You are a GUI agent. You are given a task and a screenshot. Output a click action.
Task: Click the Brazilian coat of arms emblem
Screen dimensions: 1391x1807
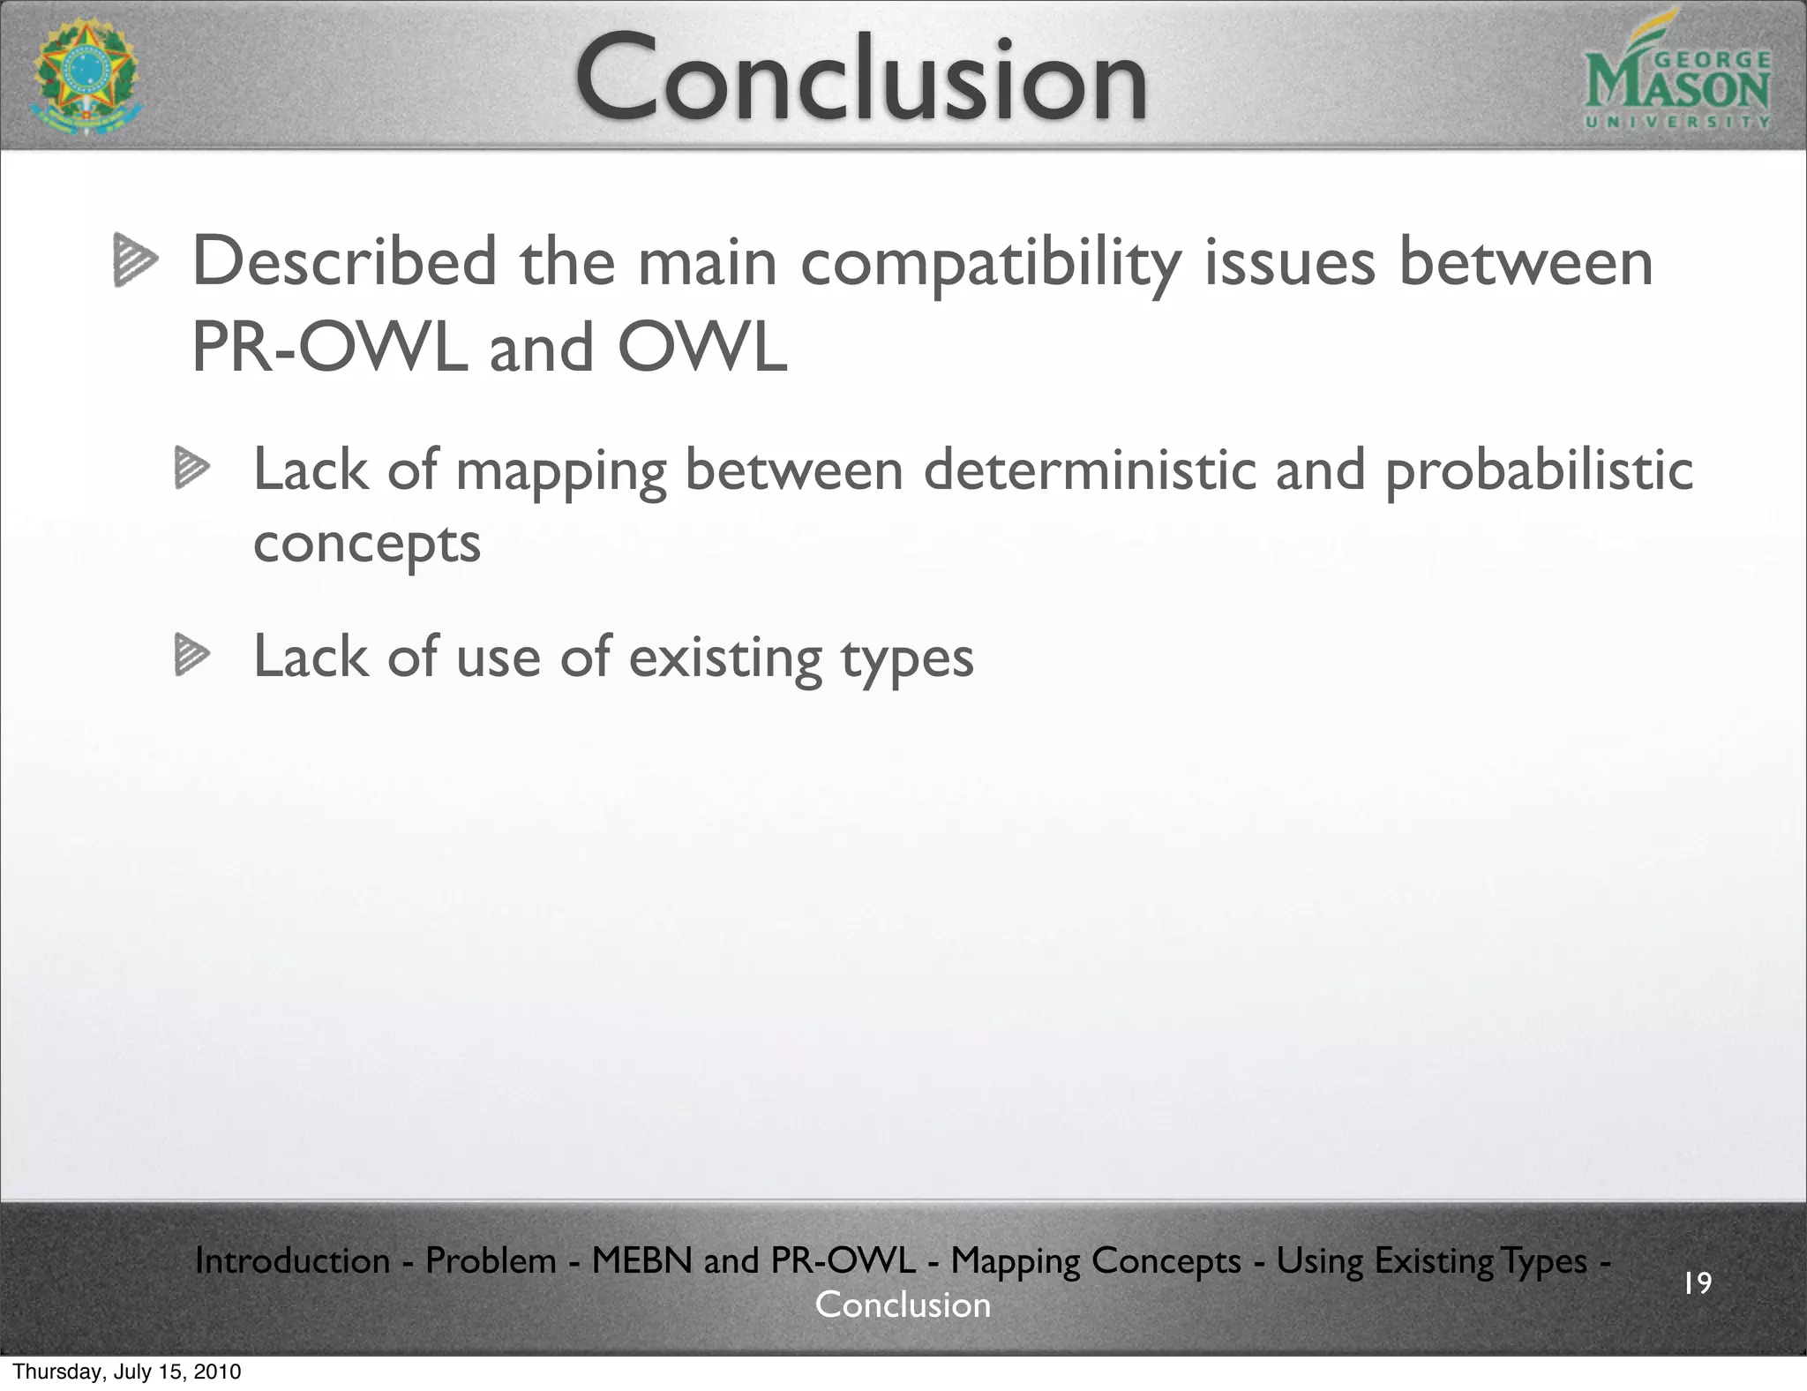pyautogui.click(x=86, y=78)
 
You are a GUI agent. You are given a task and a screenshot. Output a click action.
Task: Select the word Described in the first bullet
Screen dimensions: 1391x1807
pyautogui.click(x=344, y=262)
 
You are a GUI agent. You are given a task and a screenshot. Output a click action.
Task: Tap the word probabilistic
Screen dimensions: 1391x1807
pyautogui.click(x=1538, y=470)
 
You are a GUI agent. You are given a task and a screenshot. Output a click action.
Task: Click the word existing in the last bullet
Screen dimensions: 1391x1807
pyautogui.click(x=725, y=658)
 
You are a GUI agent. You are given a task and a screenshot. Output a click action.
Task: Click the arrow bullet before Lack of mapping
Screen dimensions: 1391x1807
pyautogui.click(x=191, y=469)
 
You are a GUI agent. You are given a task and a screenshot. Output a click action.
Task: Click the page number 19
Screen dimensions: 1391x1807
pyautogui.click(x=1697, y=1282)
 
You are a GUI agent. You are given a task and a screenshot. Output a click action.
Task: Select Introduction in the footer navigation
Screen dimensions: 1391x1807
pyautogui.click(x=292, y=1260)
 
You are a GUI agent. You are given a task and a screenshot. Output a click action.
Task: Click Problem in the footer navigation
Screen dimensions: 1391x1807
pyautogui.click(x=491, y=1260)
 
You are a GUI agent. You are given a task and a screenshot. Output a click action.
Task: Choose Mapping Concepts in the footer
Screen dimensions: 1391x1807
pyautogui.click(x=1095, y=1260)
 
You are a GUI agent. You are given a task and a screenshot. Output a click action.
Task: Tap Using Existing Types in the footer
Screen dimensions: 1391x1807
pyautogui.click(x=1431, y=1260)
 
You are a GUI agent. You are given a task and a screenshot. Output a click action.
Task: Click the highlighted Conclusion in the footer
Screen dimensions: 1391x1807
pyautogui.click(x=903, y=1305)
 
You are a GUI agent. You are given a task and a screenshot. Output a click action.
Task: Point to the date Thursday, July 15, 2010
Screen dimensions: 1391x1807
pyautogui.click(x=127, y=1372)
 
